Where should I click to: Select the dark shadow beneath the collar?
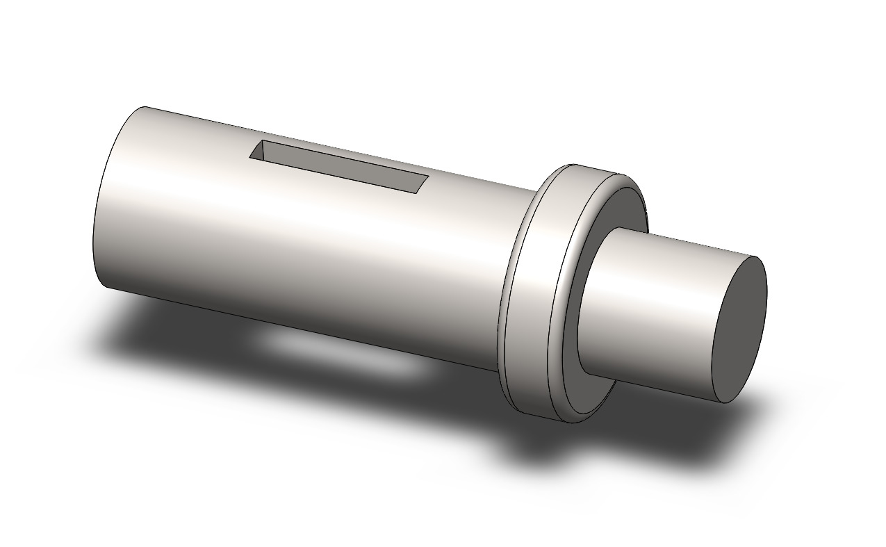click(x=556, y=445)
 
